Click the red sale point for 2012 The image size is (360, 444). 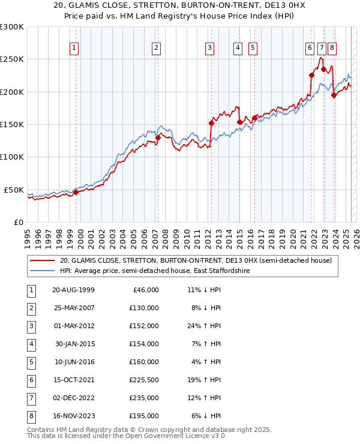(x=211, y=123)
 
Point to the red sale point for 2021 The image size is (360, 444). (x=311, y=75)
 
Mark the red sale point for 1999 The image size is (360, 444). (x=76, y=192)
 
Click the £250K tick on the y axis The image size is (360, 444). (x=12, y=59)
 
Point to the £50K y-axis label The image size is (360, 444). (x=14, y=190)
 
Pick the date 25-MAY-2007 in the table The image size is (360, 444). (x=74, y=308)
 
